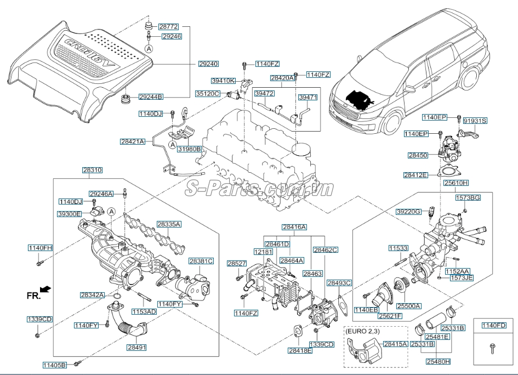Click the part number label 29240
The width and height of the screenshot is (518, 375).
(x=208, y=64)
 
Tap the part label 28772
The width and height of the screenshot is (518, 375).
(x=169, y=26)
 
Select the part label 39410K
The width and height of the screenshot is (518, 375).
(x=224, y=81)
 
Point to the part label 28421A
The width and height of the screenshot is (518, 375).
(x=133, y=141)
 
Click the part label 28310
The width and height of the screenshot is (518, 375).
(x=92, y=171)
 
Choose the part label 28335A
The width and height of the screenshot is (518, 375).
(x=169, y=224)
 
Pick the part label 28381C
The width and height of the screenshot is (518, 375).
(x=201, y=261)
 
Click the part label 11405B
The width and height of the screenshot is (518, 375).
(x=55, y=365)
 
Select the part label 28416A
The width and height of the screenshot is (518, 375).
(x=294, y=226)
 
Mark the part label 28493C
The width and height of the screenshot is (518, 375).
(x=339, y=283)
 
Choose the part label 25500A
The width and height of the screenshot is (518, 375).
(x=409, y=306)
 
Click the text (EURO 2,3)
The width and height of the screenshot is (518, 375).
(x=362, y=332)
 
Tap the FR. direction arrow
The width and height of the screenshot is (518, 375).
(x=47, y=288)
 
